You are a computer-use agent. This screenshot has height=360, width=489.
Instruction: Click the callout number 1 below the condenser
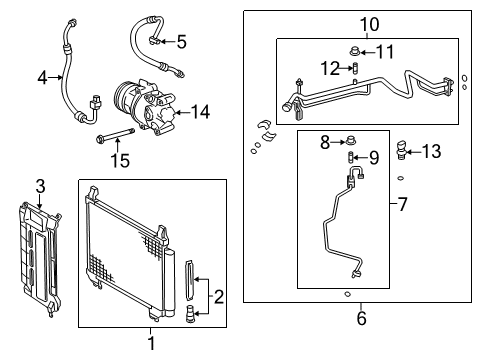point(151,345)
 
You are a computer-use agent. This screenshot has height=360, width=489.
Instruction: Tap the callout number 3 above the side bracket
point(40,185)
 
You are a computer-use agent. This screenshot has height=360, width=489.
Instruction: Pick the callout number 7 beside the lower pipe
point(403,205)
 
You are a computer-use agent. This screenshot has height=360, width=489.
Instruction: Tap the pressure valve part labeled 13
point(402,151)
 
